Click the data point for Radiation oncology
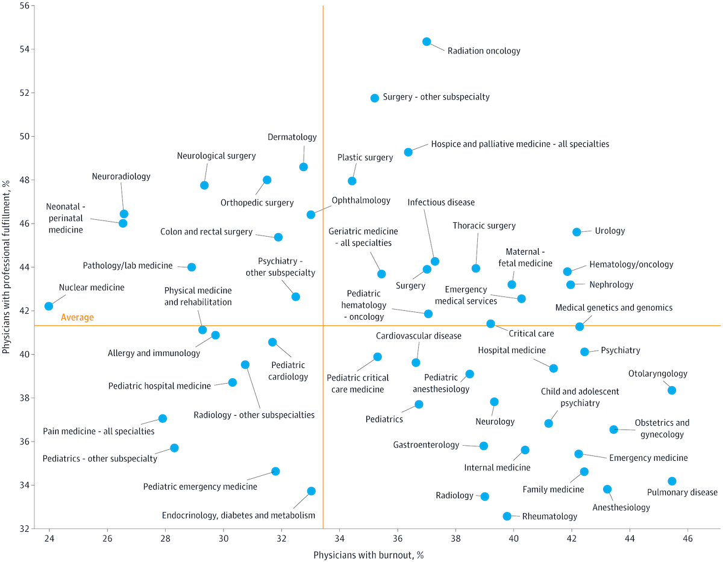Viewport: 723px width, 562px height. click(427, 42)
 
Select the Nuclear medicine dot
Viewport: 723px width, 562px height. click(49, 306)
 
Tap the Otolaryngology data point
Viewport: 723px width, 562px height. click(672, 390)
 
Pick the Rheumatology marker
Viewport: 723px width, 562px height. click(507, 516)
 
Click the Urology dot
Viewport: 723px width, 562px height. click(577, 232)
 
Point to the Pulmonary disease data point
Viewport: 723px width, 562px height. click(672, 481)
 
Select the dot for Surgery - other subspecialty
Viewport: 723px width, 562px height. click(374, 98)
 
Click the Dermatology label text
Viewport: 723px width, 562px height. click(292, 137)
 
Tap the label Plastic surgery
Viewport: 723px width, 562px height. click(365, 158)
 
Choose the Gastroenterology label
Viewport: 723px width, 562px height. click(426, 445)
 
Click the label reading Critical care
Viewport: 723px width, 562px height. click(531, 333)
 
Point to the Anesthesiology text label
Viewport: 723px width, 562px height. click(621, 507)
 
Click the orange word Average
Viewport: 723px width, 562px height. click(77, 317)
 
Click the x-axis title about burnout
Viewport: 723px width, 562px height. click(369, 554)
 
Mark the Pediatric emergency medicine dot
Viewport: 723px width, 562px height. click(275, 471)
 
